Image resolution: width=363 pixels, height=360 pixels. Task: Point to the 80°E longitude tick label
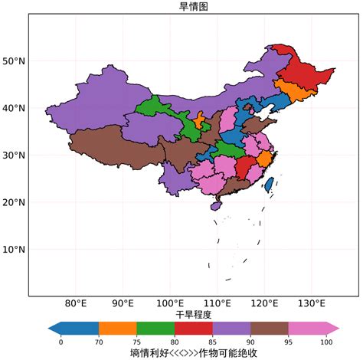(x=76, y=303)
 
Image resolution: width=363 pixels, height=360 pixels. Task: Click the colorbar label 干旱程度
(x=193, y=314)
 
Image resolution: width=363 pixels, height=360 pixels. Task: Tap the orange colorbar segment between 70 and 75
(x=117, y=328)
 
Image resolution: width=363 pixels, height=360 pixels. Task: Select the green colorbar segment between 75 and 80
(x=155, y=328)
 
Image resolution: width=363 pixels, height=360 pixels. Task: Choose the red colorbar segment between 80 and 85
(x=193, y=328)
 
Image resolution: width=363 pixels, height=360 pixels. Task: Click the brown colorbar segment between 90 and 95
(x=269, y=328)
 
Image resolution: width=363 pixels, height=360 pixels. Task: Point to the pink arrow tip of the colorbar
(x=332, y=328)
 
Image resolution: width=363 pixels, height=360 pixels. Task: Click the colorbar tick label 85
(x=212, y=342)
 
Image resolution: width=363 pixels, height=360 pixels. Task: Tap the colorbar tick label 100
(x=326, y=342)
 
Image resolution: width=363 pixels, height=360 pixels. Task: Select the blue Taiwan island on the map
(x=269, y=185)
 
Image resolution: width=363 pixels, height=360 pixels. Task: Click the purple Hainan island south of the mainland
(x=216, y=205)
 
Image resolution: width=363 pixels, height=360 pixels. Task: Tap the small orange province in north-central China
(x=200, y=121)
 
